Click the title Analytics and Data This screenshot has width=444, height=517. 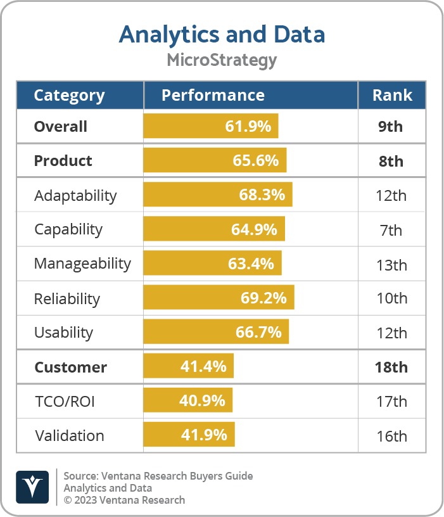pos(222,34)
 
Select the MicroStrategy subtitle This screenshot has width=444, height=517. pos(222,60)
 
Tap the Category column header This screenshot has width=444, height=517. pos(69,95)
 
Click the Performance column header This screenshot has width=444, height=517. pos(213,95)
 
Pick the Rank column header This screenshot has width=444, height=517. pos(391,95)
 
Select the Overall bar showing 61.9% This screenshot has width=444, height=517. pos(211,126)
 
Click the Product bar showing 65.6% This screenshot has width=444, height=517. pos(215,160)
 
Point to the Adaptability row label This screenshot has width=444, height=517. pos(75,195)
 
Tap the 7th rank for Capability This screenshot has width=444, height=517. pos(391,229)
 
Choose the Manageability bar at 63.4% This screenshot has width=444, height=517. pos(212,264)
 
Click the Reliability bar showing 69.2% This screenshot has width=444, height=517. pos(219,298)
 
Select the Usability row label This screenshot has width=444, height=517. pos(63,333)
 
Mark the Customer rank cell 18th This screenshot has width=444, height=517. pos(391,367)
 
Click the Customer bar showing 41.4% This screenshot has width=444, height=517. pos(189,367)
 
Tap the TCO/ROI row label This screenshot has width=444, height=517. pos(65,401)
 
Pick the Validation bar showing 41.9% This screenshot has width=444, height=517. pos(189,435)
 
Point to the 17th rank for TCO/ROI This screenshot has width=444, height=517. pos(391,401)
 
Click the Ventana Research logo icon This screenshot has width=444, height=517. pos(32,486)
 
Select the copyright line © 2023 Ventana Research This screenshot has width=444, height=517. pos(124,500)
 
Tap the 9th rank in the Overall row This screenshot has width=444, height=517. pos(391,126)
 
